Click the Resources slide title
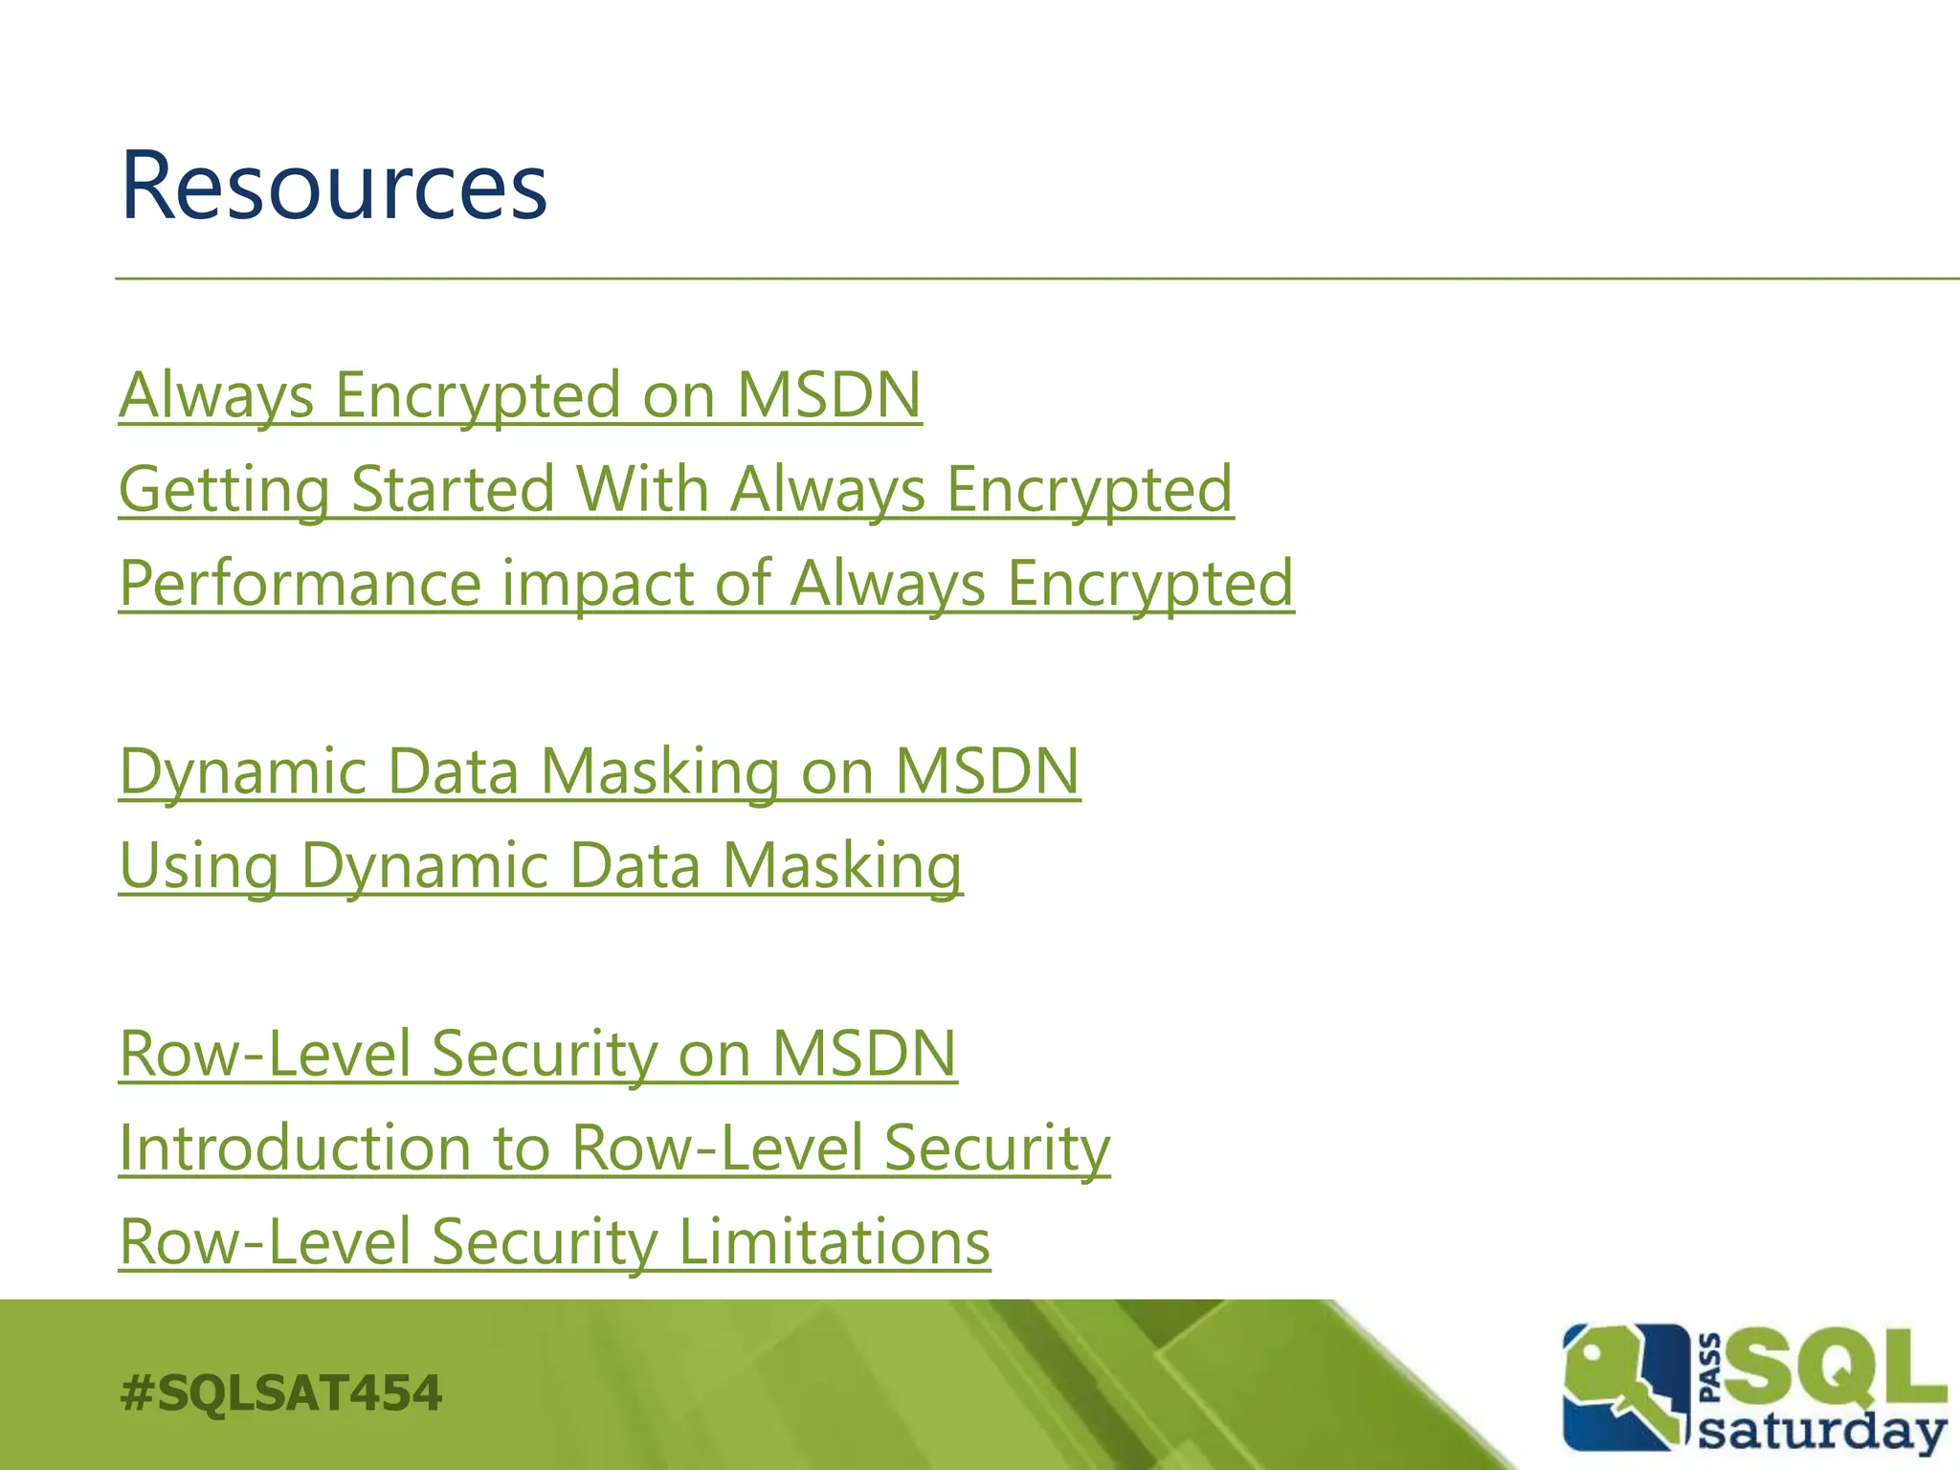333,187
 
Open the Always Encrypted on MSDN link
520,395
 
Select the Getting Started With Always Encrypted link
676,489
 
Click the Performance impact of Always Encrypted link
706,583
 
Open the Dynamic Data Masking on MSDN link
599,771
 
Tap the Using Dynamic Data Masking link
541,865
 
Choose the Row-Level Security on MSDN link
538,1054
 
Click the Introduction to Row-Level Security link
614,1147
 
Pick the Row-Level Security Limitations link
554,1241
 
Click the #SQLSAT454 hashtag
281,1392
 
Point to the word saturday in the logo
1823,1433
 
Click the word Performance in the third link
300,583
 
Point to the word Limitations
834,1241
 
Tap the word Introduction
295,1147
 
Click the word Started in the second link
453,489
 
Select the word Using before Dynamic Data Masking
199,865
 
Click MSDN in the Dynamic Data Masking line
987,771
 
